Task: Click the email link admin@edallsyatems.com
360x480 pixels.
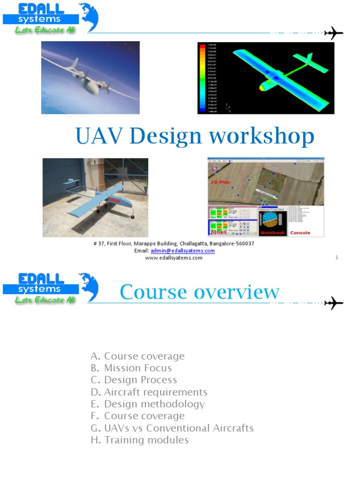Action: click(x=183, y=251)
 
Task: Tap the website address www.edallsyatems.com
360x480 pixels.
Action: click(x=173, y=258)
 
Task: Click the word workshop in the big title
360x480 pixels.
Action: click(x=262, y=136)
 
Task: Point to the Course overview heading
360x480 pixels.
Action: click(x=199, y=292)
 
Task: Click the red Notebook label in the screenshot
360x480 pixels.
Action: click(x=272, y=232)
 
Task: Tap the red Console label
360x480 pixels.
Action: click(x=300, y=232)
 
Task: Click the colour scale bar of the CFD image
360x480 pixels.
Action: click(x=202, y=78)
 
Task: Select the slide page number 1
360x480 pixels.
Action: click(x=337, y=257)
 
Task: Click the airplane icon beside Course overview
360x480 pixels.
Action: click(x=334, y=303)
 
